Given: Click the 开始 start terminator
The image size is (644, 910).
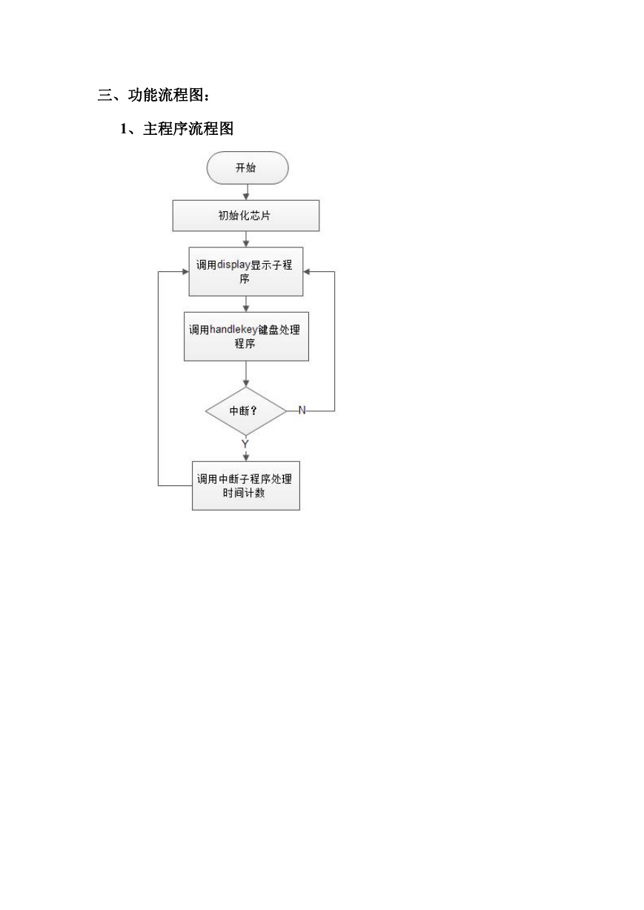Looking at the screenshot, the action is [x=248, y=167].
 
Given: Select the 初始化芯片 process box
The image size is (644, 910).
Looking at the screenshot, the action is [x=246, y=216].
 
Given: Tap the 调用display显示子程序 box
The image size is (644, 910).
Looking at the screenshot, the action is [x=246, y=271].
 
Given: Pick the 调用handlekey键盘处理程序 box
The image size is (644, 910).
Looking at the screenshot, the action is [x=246, y=336].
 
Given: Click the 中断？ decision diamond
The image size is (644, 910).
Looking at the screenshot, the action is [x=246, y=411].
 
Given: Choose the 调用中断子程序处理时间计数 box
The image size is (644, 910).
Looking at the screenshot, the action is [x=246, y=485].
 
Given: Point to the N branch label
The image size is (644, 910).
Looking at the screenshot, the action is [x=302, y=411].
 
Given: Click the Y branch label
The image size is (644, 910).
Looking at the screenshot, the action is [x=245, y=444].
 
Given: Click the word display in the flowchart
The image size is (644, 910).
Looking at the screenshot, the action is [x=233, y=265].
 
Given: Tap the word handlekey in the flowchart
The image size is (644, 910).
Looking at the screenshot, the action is [x=233, y=330].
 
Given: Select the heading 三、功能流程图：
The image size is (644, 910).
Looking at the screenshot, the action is [x=154, y=95].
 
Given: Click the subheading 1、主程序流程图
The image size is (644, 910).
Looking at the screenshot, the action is [x=176, y=129].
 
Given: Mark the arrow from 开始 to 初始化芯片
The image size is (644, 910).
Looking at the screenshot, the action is [x=246, y=192].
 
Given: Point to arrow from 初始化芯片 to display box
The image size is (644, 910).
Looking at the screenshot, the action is [x=246, y=239].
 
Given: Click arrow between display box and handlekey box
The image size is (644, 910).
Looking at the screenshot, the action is [x=246, y=305].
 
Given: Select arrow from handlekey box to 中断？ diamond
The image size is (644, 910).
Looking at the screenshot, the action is [x=246, y=373].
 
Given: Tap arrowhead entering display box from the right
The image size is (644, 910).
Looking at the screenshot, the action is [x=307, y=272].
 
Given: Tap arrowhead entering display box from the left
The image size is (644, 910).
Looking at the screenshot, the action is [x=185, y=272].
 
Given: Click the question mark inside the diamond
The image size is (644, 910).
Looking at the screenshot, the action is [x=254, y=411].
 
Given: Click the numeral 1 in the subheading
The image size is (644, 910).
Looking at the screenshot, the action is [x=124, y=129].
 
